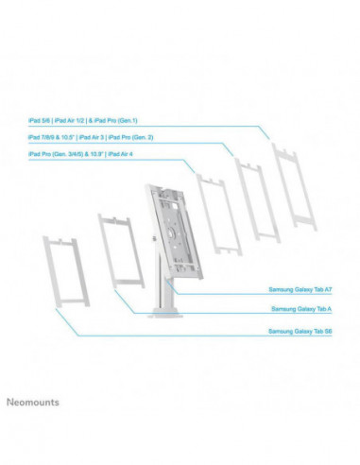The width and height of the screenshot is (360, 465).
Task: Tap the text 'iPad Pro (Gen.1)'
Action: coord(139,121)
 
